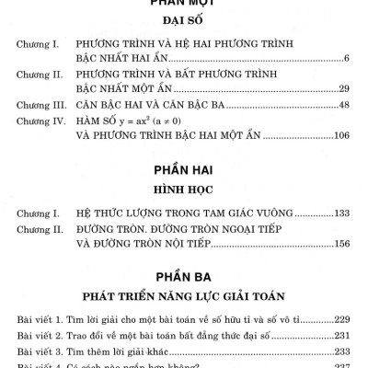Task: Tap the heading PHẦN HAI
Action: point(184,171)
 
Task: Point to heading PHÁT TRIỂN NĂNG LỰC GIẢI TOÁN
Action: point(184,296)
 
